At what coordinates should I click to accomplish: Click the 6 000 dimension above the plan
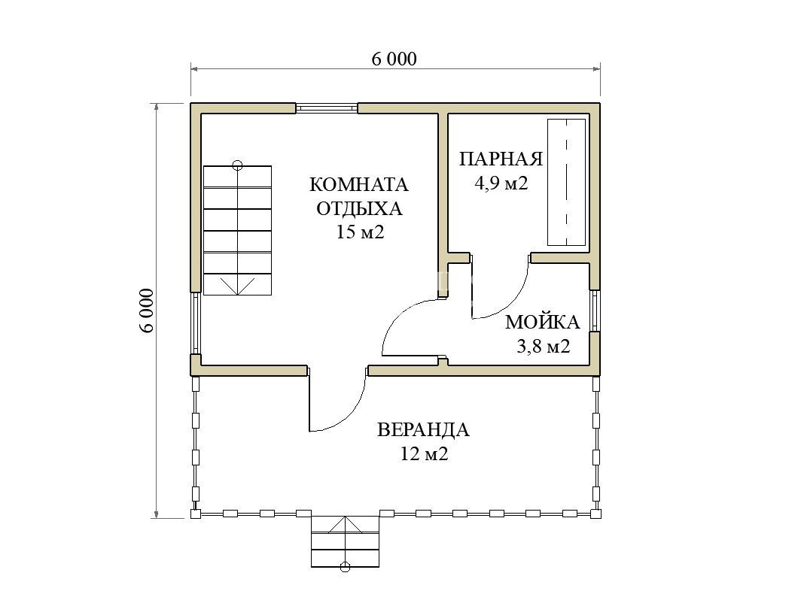394,59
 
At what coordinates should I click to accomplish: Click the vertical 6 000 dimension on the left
147,311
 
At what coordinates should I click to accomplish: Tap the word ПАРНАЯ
501,159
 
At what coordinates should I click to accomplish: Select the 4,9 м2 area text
501,183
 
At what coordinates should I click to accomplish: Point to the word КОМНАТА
359,184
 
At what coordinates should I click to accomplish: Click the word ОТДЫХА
359,208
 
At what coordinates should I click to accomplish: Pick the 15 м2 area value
359,232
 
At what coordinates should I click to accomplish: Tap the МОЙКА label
543,322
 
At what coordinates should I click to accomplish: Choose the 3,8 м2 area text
543,347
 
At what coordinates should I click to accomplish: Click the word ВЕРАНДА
423,430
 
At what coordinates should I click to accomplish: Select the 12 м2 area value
424,453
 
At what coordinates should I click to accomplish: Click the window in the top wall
327,108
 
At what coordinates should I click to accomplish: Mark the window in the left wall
196,323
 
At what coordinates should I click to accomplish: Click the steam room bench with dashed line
566,183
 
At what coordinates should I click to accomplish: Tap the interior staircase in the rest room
237,230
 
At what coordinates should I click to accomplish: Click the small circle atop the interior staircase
237,165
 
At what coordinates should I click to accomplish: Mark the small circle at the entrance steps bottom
345,567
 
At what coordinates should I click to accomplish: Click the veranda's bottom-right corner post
596,514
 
